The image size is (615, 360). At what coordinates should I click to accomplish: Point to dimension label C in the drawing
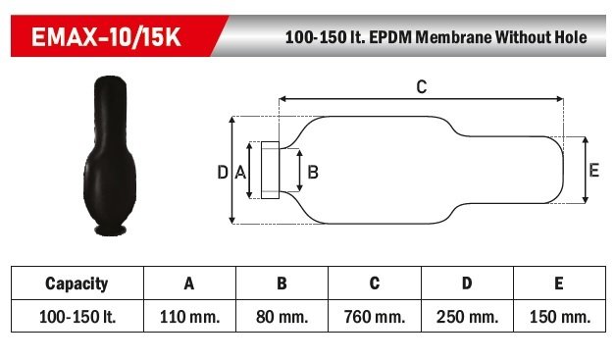point(421,86)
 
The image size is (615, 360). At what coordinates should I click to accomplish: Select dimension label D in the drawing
point(222,172)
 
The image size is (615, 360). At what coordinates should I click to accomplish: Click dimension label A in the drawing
point(239,172)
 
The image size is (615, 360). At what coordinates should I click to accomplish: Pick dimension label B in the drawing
point(313,172)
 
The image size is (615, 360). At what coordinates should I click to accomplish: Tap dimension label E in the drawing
point(593,170)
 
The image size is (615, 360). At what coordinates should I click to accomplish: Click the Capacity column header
point(77,283)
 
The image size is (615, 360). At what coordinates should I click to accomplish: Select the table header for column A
point(189,283)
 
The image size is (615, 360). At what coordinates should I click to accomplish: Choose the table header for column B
point(282,283)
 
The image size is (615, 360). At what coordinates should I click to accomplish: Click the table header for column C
point(374,283)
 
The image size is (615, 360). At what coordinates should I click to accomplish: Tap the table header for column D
point(467,283)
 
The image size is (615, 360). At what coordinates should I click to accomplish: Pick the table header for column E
point(558,283)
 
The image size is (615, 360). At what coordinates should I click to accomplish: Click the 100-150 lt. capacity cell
point(77,317)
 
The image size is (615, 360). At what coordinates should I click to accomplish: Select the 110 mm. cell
point(189,317)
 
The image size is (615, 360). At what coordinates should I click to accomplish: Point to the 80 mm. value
point(282,317)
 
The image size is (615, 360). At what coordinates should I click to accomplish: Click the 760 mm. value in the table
point(374,317)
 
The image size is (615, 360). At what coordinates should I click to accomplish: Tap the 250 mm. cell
point(467,317)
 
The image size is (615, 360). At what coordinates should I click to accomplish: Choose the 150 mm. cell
point(558,317)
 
